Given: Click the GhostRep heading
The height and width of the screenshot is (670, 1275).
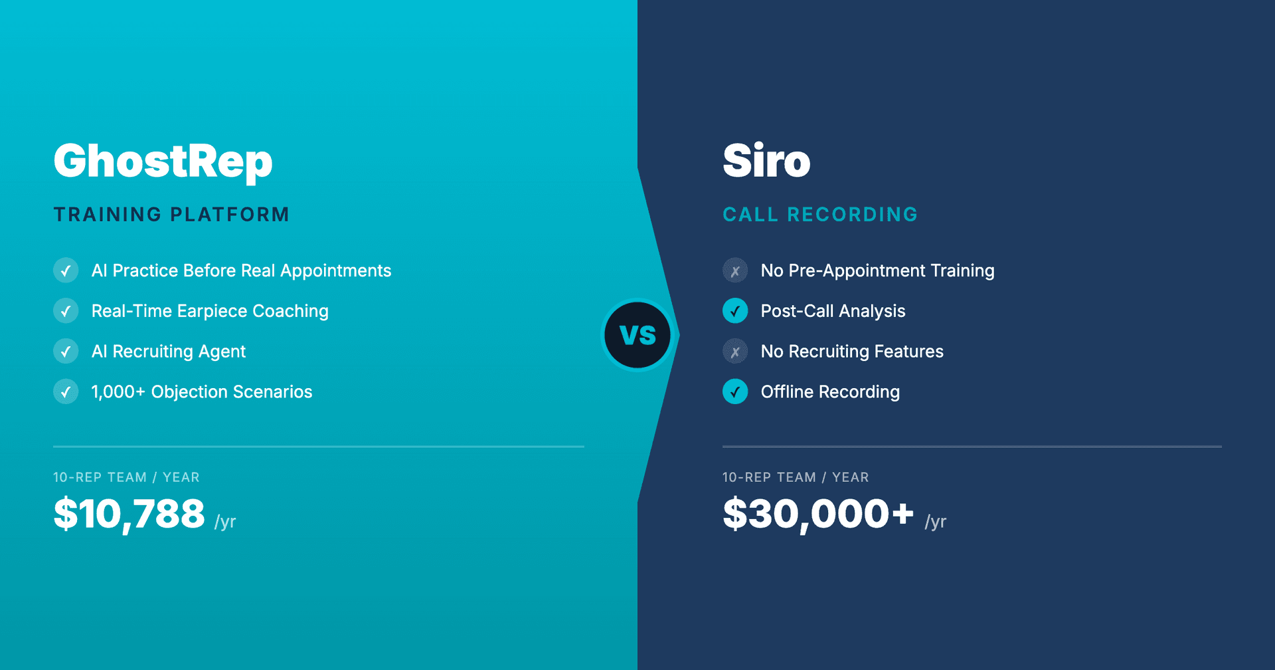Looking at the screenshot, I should (163, 162).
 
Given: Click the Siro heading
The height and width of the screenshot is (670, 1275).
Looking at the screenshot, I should (766, 162).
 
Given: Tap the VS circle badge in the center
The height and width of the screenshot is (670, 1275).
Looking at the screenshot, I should (637, 335).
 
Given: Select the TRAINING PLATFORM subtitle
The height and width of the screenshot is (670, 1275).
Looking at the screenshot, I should (171, 215).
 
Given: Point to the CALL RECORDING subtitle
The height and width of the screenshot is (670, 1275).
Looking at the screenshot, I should (820, 215).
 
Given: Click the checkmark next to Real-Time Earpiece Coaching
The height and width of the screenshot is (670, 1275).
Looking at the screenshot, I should (66, 311).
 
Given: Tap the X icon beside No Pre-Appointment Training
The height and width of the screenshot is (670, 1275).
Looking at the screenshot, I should (735, 271).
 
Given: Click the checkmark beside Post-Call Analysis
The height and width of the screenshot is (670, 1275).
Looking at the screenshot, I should (735, 311).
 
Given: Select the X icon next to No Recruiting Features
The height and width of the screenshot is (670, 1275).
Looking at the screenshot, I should (735, 352).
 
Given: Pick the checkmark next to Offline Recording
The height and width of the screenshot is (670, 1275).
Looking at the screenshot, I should (735, 392).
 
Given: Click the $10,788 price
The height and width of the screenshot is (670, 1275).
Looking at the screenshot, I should (129, 514).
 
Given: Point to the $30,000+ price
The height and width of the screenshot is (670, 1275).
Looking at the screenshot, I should (818, 514).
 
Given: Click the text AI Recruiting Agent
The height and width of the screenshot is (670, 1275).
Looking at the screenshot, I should (169, 352).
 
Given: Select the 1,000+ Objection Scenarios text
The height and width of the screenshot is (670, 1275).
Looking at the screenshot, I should (202, 392).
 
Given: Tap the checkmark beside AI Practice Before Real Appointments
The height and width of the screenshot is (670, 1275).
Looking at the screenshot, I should (66, 271).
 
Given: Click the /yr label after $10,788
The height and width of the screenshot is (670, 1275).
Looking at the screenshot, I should (225, 522).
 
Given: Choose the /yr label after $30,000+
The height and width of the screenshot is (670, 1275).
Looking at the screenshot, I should (935, 522).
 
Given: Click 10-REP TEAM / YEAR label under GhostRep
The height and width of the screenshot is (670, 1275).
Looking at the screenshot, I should (126, 477).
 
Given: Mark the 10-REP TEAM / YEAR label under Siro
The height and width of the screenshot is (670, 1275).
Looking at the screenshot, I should (796, 477).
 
